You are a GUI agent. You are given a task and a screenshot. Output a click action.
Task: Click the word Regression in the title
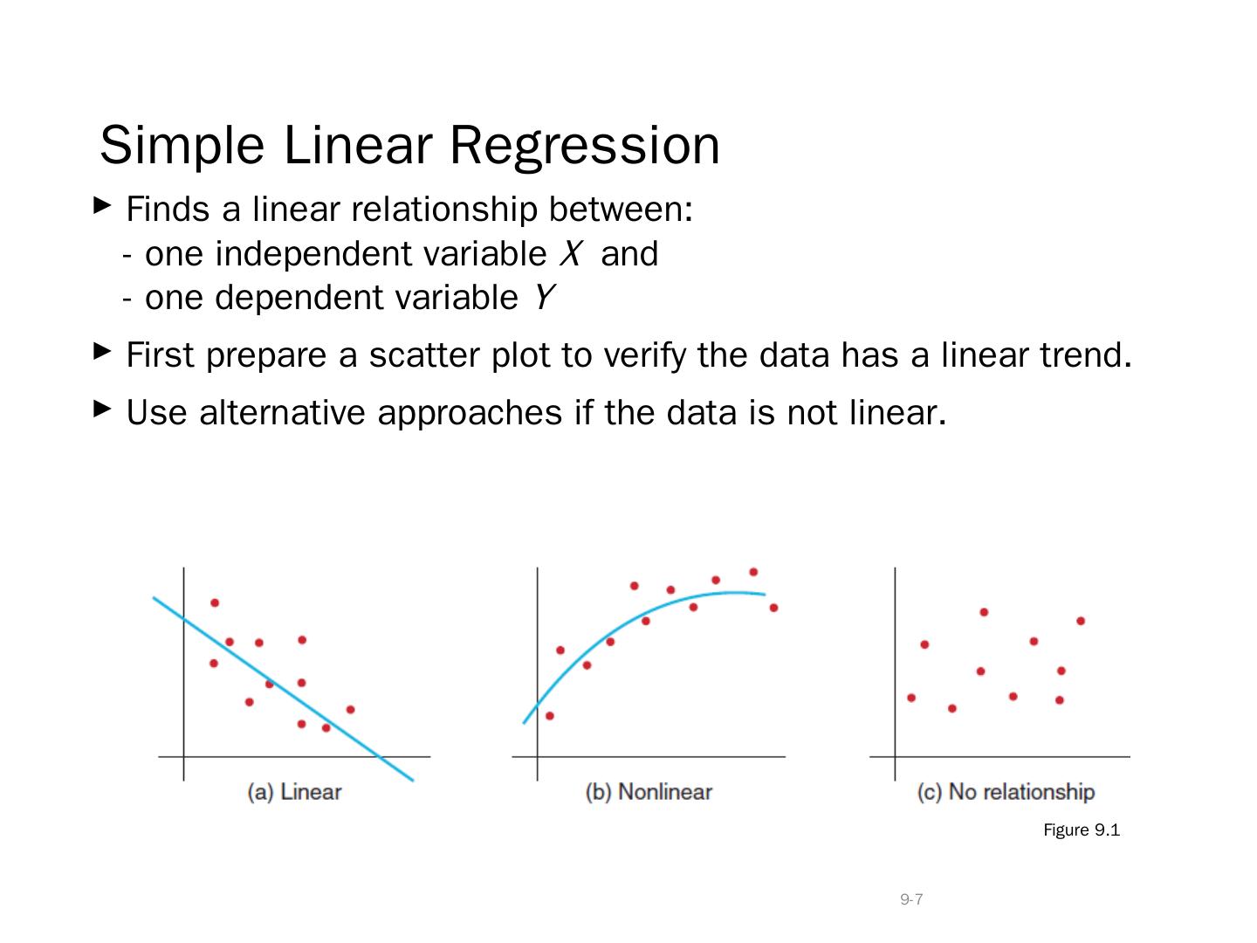point(584,147)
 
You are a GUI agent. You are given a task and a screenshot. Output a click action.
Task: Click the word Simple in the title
point(182,147)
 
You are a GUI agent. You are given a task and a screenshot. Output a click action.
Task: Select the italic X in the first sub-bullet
point(571,253)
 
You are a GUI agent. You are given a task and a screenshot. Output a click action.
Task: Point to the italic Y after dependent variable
point(544,297)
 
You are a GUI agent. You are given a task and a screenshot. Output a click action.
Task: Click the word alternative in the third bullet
point(282,412)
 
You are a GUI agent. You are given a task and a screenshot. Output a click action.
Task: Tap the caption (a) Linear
point(294,792)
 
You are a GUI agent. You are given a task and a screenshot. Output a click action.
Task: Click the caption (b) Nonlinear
point(649,792)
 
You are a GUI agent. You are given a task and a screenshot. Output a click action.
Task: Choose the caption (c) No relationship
point(1006,792)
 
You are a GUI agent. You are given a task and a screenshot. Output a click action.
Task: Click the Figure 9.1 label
point(1082,829)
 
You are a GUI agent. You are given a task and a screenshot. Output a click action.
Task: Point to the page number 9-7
point(911,899)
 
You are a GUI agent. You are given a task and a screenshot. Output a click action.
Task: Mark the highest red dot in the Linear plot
point(215,602)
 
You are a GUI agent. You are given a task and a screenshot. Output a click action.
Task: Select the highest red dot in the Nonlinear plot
point(753,572)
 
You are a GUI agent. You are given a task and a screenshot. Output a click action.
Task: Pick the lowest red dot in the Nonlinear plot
point(550,716)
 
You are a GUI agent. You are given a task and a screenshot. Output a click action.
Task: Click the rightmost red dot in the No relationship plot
point(1081,621)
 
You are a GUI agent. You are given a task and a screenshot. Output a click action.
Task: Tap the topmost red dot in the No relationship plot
point(984,612)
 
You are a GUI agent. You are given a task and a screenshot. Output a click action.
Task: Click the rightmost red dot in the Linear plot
point(350,709)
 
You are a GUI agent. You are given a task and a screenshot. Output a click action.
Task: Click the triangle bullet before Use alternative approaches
point(101,409)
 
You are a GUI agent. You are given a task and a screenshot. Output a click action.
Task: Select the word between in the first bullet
point(621,209)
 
